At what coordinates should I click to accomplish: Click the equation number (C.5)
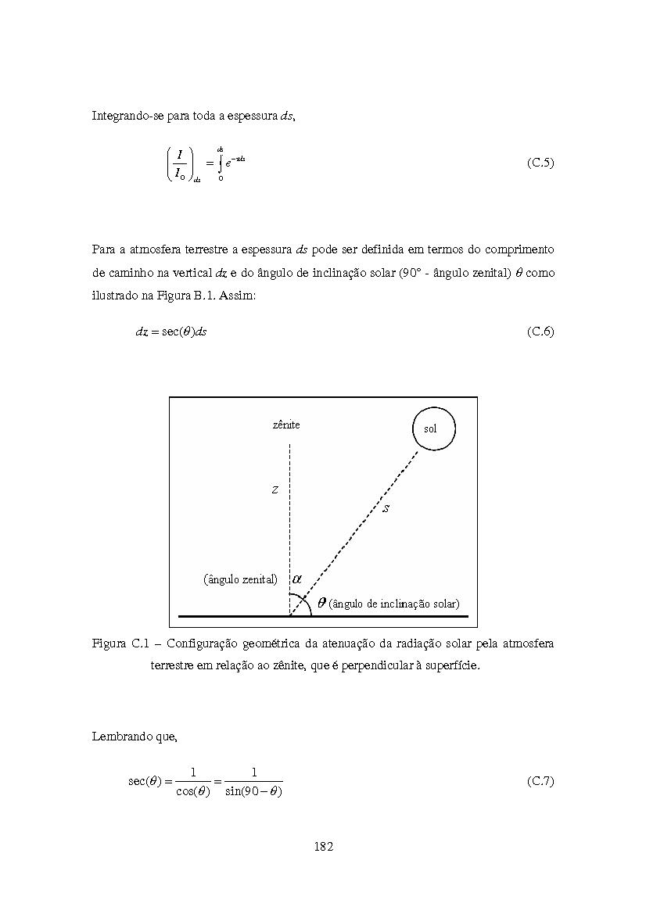click(540, 163)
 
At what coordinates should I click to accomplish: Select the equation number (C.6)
click(540, 332)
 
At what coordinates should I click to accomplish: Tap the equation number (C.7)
click(540, 781)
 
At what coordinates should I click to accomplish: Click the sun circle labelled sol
click(433, 428)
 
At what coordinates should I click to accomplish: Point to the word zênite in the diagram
click(286, 425)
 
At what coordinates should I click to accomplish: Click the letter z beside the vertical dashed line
click(275, 490)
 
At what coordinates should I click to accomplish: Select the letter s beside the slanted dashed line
click(386, 508)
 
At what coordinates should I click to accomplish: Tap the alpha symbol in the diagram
click(296, 579)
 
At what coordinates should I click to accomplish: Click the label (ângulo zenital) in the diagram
click(241, 580)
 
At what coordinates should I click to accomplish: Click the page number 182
click(323, 846)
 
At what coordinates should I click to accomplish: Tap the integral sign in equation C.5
click(221, 163)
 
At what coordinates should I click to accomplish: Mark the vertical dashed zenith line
click(290, 516)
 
